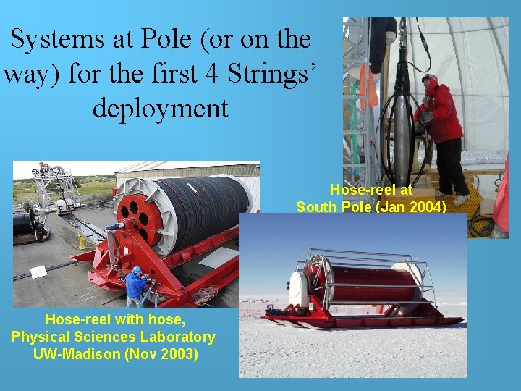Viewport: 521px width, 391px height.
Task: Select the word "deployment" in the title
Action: pyautogui.click(x=160, y=108)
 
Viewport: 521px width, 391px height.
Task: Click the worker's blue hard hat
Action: pyautogui.click(x=137, y=271)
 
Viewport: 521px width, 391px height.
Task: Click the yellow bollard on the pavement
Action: pyautogui.click(x=82, y=241)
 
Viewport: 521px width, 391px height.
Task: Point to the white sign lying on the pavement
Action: pyautogui.click(x=38, y=272)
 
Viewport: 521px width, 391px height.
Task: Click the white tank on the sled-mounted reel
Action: pyautogui.click(x=299, y=289)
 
